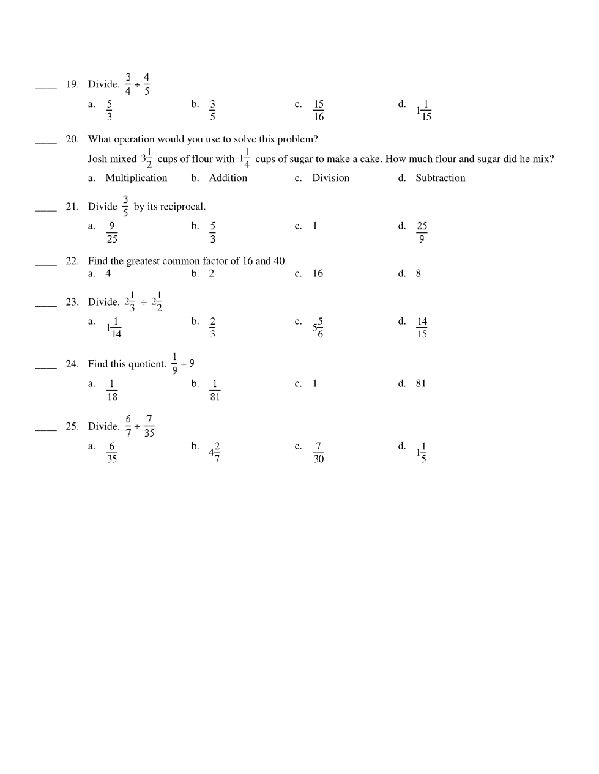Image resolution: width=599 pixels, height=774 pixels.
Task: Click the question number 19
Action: pyautogui.click(x=72, y=84)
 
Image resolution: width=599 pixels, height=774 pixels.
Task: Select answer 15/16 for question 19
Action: pyautogui.click(x=318, y=111)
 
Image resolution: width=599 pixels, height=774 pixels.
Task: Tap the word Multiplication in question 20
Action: pyautogui.click(x=136, y=178)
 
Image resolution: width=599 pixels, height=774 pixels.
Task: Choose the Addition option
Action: pyautogui.click(x=228, y=178)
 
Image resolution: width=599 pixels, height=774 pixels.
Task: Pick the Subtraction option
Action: pyautogui.click(x=440, y=178)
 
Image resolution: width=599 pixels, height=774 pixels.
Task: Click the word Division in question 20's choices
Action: pyautogui.click(x=330, y=178)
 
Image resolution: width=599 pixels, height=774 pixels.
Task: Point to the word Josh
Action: pyautogui.click(x=97, y=159)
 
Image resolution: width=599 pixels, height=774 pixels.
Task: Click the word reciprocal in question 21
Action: pyautogui.click(x=182, y=207)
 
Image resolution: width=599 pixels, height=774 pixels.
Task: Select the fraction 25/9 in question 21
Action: pyautogui.click(x=422, y=232)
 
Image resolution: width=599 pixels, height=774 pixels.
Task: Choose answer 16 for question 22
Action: pyautogui.click(x=318, y=273)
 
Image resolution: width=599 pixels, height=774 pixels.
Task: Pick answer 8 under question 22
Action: pyautogui.click(x=419, y=273)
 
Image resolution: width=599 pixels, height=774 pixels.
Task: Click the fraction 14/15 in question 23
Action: pyautogui.click(x=422, y=328)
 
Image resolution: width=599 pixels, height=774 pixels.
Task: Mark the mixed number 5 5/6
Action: pyautogui.click(x=318, y=328)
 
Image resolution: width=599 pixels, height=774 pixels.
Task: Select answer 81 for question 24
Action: pyautogui.click(x=420, y=383)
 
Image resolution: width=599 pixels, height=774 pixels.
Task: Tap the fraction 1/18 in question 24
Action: pyautogui.click(x=111, y=390)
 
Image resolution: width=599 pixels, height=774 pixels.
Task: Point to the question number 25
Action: pyautogui.click(x=72, y=426)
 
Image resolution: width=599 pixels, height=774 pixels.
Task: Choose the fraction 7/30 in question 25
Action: pyautogui.click(x=318, y=452)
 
